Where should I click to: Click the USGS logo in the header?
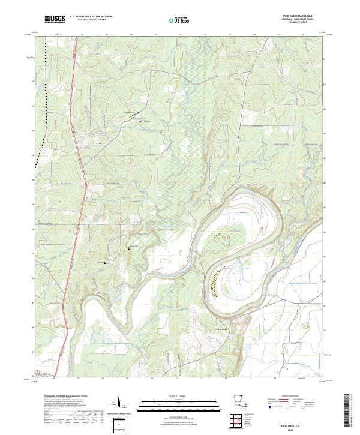pos(55,19)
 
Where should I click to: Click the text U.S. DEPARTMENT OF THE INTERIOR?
pos(91,17)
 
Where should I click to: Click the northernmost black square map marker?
pos(142,121)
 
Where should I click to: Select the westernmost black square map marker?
pos(106,263)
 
